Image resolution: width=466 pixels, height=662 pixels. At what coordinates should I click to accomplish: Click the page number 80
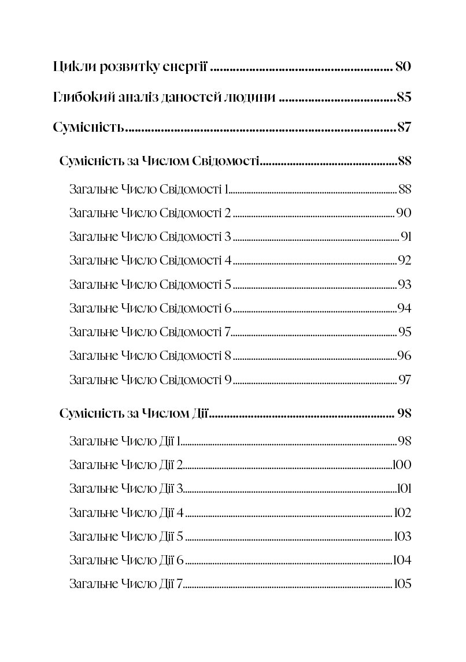click(x=403, y=66)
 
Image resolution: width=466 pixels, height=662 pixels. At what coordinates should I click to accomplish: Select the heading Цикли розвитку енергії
click(x=130, y=67)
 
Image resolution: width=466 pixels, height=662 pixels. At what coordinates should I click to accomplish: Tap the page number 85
click(x=404, y=97)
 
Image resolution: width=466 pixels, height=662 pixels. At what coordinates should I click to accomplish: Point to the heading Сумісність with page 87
click(x=88, y=128)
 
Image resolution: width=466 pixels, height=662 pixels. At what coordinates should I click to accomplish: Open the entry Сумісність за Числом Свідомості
click(x=159, y=161)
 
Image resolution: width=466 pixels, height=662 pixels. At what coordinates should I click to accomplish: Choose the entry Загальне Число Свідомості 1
click(x=150, y=189)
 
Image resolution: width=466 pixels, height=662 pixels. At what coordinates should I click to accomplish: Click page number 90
click(x=404, y=213)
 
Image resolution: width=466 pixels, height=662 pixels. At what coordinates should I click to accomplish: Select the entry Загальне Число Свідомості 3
click(x=150, y=237)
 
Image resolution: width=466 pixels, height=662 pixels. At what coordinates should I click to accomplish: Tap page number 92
click(x=404, y=261)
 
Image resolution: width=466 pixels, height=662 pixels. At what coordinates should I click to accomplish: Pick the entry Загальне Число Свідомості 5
click(x=150, y=285)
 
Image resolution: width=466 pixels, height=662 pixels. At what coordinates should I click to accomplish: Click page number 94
click(x=404, y=308)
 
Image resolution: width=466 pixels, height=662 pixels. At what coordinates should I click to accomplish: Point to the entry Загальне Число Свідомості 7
click(x=150, y=332)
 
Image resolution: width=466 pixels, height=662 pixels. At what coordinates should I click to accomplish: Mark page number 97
click(x=405, y=380)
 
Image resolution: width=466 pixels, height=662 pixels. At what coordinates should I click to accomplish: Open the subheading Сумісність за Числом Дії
click(x=134, y=414)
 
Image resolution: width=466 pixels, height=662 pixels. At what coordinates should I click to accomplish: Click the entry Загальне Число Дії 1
click(x=125, y=442)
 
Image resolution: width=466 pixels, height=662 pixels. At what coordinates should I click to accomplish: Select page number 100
click(x=402, y=465)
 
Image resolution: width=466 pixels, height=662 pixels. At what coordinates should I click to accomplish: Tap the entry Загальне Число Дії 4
click(x=126, y=513)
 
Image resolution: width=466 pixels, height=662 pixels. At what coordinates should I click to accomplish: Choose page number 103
click(x=402, y=537)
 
